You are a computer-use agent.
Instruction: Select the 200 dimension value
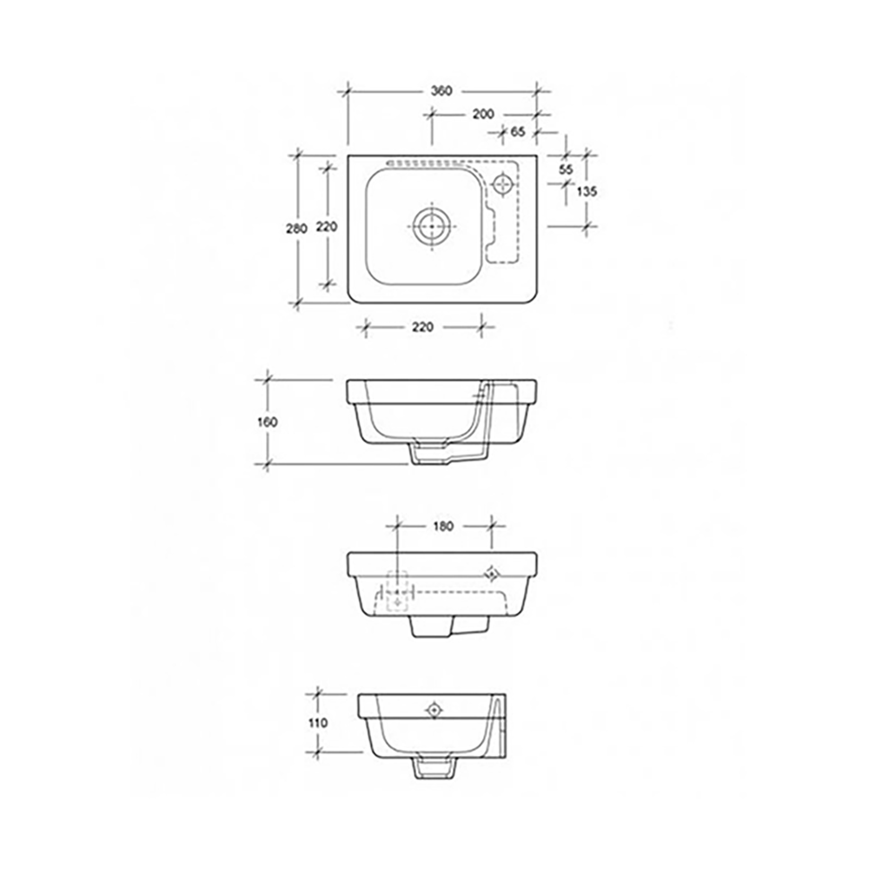[x=483, y=114]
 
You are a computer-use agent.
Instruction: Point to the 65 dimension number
[x=518, y=132]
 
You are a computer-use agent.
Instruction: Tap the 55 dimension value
[x=566, y=169]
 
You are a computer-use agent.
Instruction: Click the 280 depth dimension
[x=296, y=229]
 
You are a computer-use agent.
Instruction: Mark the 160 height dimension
[x=267, y=422]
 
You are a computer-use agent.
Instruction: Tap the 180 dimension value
[x=443, y=526]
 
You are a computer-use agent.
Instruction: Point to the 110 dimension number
[x=318, y=722]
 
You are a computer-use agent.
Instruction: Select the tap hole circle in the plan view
[x=503, y=183]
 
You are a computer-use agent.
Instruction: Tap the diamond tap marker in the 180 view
[x=492, y=573]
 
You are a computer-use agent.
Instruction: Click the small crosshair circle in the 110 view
[x=434, y=711]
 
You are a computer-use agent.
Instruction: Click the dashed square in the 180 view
[x=397, y=591]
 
